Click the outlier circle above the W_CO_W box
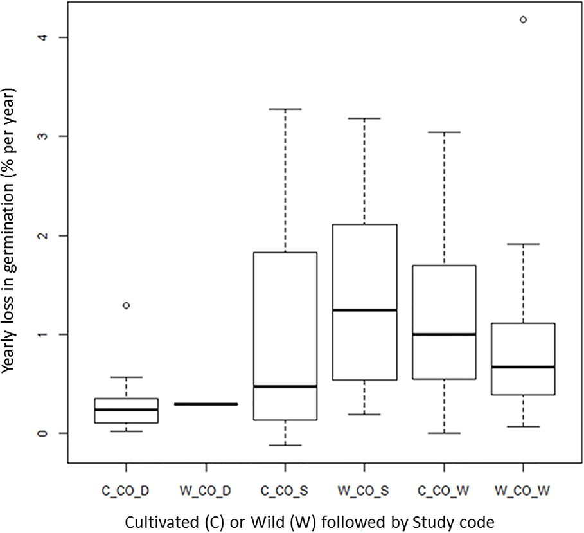point(524,20)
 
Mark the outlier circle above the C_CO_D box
point(126,305)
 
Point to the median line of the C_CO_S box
point(285,386)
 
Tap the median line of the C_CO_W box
point(444,334)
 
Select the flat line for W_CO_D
point(206,404)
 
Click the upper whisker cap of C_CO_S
point(285,109)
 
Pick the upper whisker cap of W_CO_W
point(524,244)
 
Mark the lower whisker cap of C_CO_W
point(444,433)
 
